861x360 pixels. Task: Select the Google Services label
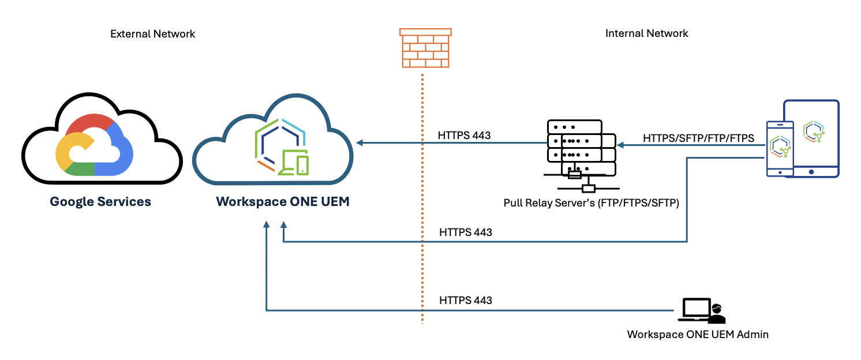tap(100, 202)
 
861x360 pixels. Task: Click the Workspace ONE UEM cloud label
tap(282, 202)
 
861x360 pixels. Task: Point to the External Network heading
tap(152, 34)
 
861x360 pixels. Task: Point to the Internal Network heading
tap(646, 33)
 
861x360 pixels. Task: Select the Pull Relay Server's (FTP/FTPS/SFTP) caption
tap(591, 203)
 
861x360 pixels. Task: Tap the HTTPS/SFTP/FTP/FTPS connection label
tap(698, 138)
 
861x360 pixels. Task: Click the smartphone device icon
tap(780, 148)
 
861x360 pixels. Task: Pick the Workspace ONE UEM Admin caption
tap(698, 334)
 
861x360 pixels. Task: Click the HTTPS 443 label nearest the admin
tap(465, 300)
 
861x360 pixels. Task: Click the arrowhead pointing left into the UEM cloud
tap(360, 142)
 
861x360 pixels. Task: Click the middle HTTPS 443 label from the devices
tap(465, 232)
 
